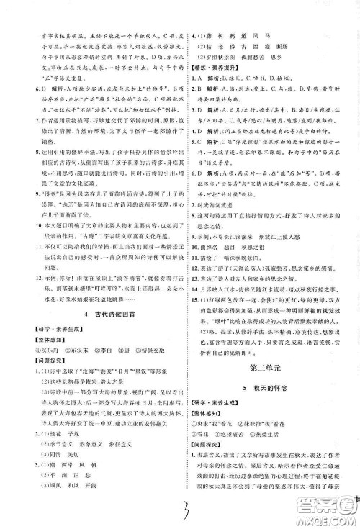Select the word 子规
pos(86,435)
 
